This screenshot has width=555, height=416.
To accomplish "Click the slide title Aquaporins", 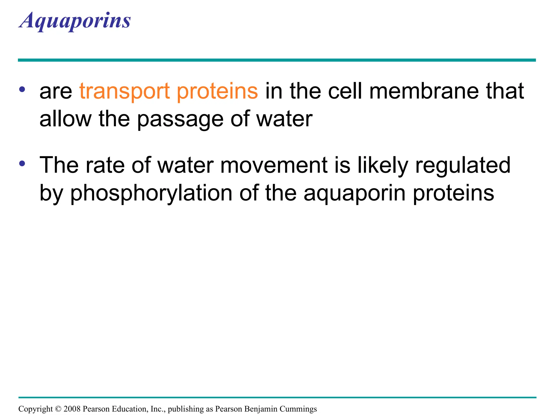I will pyautogui.click(x=75, y=21).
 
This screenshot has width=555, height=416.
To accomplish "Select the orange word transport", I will pyautogui.click(x=125, y=91).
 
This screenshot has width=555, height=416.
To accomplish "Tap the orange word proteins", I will pyautogui.click(x=217, y=91).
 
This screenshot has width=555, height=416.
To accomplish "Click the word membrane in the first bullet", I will pyautogui.click(x=424, y=91).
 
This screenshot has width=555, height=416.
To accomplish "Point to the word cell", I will pyautogui.click(x=345, y=91).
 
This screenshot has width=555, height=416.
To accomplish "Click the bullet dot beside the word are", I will pyautogui.click(x=22, y=89).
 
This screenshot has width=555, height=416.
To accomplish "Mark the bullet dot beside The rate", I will pyautogui.click(x=22, y=164).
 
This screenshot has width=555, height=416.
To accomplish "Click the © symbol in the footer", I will pyautogui.click(x=58, y=409).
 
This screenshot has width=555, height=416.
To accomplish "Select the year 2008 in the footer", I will pyautogui.click(x=72, y=409).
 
